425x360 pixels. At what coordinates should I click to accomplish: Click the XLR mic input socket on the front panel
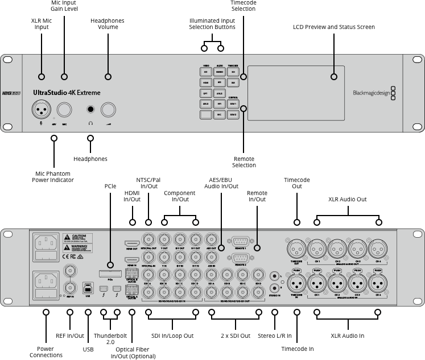[x=41, y=109]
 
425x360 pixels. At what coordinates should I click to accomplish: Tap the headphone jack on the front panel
[x=90, y=109]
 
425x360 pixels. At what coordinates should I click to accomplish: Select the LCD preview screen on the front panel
[x=296, y=93]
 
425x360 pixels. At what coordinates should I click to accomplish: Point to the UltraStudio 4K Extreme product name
[x=67, y=92]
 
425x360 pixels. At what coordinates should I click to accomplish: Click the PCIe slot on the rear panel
[x=111, y=275]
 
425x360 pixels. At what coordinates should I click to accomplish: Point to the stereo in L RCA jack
[x=275, y=274]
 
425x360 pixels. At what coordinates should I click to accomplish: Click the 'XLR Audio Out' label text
[x=348, y=200]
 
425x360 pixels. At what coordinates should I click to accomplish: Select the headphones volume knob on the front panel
[x=109, y=109]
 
